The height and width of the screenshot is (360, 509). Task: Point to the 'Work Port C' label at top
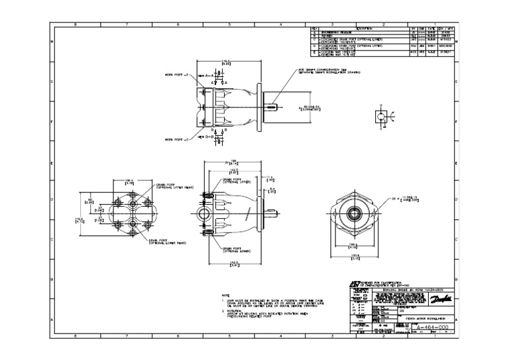tap(176, 75)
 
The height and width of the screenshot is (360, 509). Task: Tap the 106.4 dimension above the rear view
tap(128, 179)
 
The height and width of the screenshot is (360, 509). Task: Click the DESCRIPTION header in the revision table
tap(365, 29)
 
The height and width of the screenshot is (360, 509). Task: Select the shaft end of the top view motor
tap(272, 105)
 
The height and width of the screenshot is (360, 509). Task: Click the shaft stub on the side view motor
tap(270, 213)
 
